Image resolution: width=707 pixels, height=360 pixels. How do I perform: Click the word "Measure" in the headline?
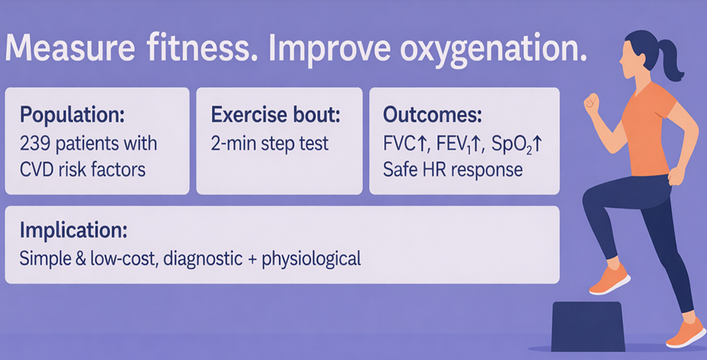click(x=70, y=47)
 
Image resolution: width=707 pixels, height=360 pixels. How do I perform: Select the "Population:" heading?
click(x=72, y=116)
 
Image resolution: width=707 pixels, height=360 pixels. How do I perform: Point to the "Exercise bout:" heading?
click(x=276, y=115)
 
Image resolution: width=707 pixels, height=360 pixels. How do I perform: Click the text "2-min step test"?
click(x=270, y=144)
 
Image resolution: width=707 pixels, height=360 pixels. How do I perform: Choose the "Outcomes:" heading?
click(x=433, y=115)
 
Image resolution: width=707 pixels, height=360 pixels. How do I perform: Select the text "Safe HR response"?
click(x=452, y=170)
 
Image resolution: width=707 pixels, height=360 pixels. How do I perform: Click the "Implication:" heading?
click(x=73, y=230)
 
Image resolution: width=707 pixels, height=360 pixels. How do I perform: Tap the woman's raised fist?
click(x=591, y=102)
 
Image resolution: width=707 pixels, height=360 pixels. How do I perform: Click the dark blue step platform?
click(x=588, y=326)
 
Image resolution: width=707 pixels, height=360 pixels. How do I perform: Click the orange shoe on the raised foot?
click(x=609, y=280)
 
